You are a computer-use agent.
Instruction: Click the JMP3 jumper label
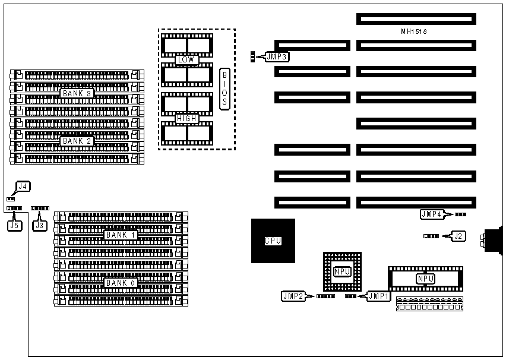point(278,57)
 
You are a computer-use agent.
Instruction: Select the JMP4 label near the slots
point(432,214)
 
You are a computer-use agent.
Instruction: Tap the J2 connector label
point(458,236)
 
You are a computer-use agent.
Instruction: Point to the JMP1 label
point(378,295)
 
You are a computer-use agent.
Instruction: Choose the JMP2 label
point(293,295)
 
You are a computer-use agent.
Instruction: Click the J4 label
point(23,187)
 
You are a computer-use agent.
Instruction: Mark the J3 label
point(40,225)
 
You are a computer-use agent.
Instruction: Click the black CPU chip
point(273,241)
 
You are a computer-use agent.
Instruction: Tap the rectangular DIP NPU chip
point(425,278)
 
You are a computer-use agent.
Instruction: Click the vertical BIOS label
point(224,89)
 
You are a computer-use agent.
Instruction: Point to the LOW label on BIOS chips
point(185,59)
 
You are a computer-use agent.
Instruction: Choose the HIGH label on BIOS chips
point(186,119)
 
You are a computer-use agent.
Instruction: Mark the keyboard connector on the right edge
point(492,240)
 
